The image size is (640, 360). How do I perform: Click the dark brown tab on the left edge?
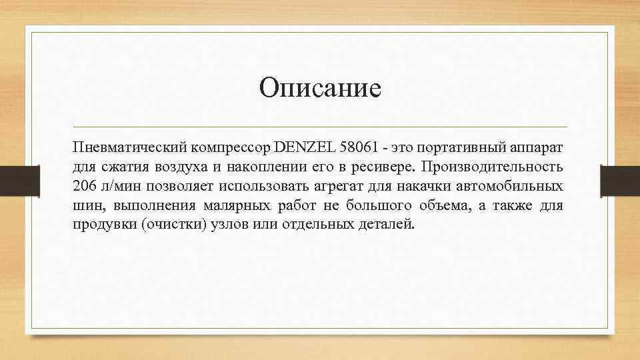click(11, 181)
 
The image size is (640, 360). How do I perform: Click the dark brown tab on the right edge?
click(620, 181)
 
